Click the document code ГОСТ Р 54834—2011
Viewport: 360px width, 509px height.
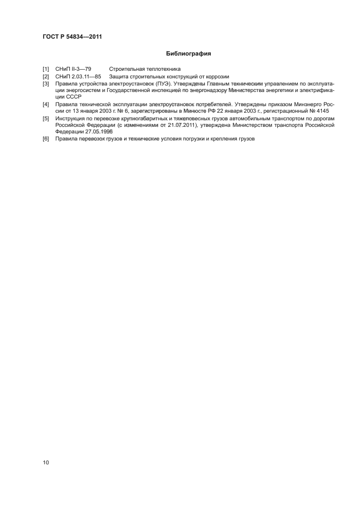72,37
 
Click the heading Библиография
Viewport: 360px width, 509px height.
188,54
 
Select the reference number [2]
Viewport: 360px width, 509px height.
46,77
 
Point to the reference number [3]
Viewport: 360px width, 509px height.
46,84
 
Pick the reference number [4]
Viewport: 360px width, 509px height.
46,103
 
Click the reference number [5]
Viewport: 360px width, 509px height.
46,118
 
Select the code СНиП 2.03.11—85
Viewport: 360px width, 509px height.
78,77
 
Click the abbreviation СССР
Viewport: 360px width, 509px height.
72,97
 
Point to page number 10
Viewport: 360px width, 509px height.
46,463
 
